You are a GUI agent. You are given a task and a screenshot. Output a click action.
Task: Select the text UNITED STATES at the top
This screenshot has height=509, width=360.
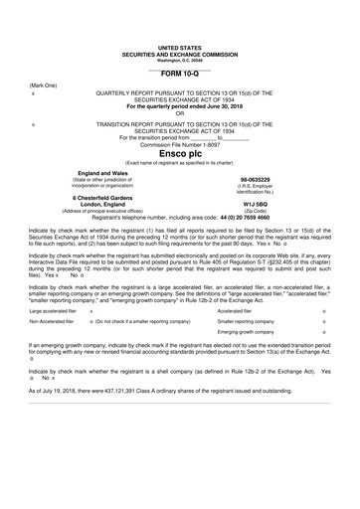click(180, 47)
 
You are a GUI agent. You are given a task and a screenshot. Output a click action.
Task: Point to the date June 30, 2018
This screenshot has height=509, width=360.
click(212, 104)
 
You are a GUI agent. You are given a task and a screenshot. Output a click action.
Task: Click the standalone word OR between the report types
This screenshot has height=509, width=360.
click(180, 111)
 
